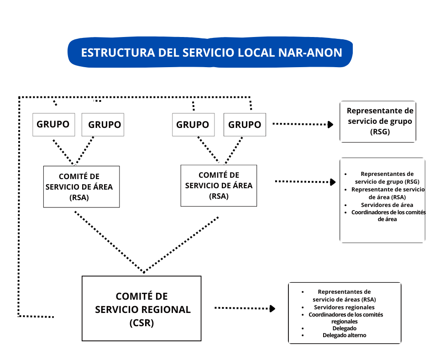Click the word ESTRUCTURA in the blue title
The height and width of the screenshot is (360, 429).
tap(118, 53)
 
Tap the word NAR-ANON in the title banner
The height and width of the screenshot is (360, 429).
tap(310, 53)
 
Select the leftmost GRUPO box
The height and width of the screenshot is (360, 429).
tap(54, 124)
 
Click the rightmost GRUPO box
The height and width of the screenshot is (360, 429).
tap(245, 125)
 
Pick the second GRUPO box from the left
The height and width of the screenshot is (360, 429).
tap(103, 125)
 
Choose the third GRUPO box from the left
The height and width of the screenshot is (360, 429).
tap(193, 125)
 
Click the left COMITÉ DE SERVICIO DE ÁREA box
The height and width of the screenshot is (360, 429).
tap(82, 186)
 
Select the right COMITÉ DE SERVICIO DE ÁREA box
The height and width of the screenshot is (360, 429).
tap(219, 185)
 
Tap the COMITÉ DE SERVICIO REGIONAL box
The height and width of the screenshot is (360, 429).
tap(141, 308)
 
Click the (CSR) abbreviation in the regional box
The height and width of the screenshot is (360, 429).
tap(142, 323)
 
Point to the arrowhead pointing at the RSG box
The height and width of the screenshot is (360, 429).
tap(330, 124)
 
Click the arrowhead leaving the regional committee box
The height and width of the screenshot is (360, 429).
tap(272, 308)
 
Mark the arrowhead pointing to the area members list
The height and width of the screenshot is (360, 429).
tap(333, 182)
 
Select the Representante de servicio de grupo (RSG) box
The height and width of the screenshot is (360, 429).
tap(378, 122)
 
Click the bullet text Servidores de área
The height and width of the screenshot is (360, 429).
tap(387, 205)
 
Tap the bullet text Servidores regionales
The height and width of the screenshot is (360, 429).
tap(344, 307)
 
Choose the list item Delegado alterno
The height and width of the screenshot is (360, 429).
tap(344, 335)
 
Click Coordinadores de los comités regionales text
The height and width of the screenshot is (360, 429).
tap(345, 318)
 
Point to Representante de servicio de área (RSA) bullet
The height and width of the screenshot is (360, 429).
tap(388, 193)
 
